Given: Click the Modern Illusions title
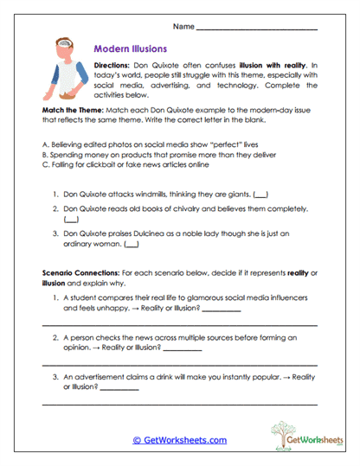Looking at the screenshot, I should point(129,50).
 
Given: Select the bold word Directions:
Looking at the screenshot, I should point(112,66).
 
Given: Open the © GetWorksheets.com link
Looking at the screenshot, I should point(179,440).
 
